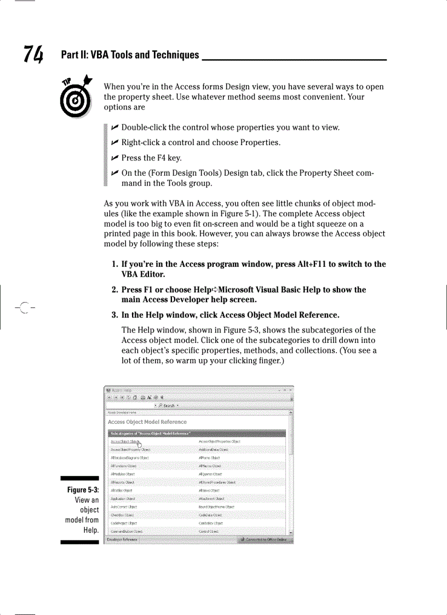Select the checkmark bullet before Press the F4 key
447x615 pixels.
(114, 158)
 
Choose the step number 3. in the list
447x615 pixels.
(115, 315)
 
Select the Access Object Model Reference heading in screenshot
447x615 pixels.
(147, 422)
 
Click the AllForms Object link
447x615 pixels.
(209, 458)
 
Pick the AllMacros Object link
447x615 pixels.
(209, 466)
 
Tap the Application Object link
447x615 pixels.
(123, 499)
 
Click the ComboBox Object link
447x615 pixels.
(211, 524)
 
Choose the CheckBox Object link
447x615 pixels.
(122, 515)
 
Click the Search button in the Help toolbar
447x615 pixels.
(168, 406)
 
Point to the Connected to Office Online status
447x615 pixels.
(265, 539)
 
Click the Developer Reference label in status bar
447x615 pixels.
(122, 539)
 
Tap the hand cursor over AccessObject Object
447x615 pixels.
(139, 444)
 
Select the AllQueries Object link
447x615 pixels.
(210, 474)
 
